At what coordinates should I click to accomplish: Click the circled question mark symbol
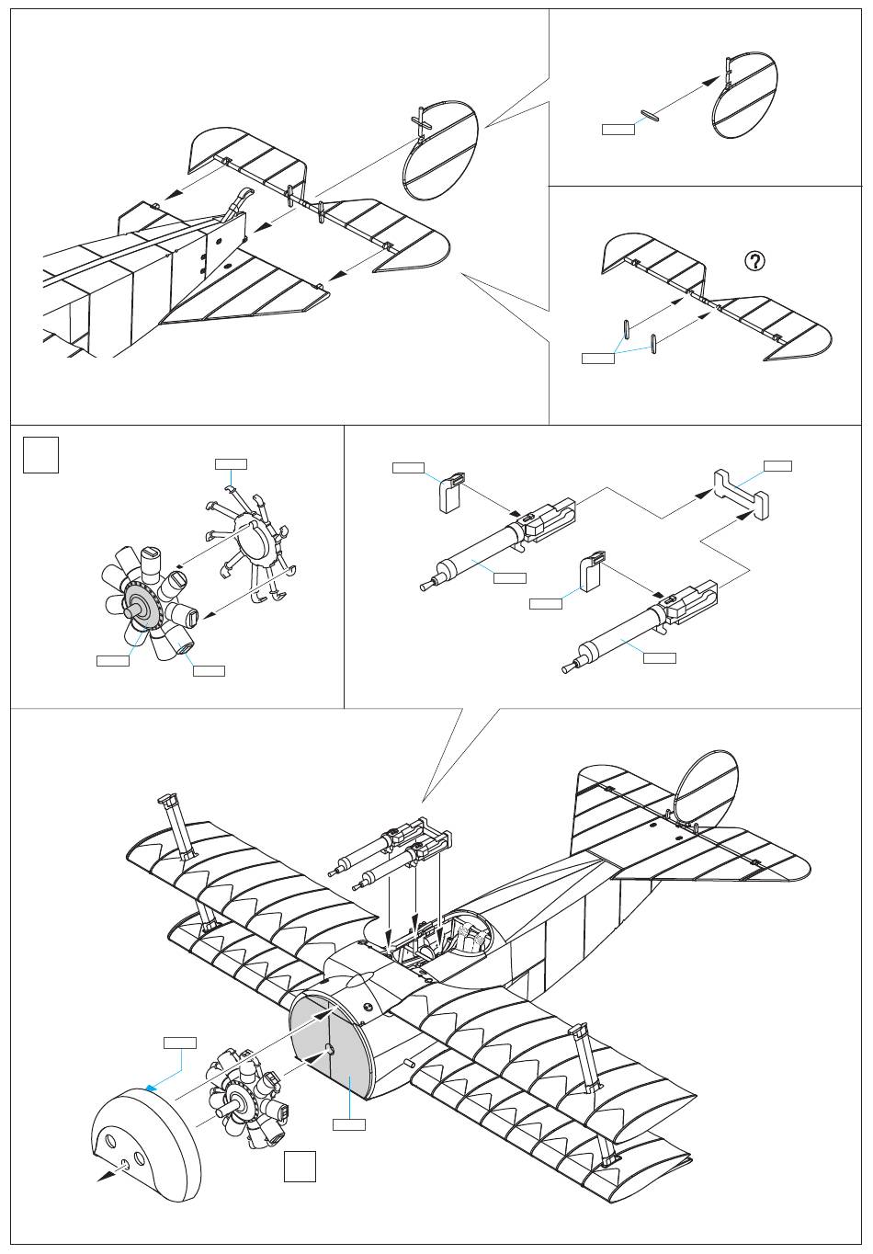click(754, 262)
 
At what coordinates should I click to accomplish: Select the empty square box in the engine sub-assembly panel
click(41, 455)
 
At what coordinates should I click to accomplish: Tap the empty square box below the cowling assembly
click(300, 1166)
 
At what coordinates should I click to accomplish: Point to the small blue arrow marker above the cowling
click(151, 1088)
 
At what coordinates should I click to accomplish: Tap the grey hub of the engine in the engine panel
click(138, 604)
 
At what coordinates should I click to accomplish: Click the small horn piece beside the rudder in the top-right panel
click(651, 114)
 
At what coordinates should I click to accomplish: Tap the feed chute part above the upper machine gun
click(451, 492)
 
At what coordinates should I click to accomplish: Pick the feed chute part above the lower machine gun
click(592, 573)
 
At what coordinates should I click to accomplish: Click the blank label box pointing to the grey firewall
click(348, 1124)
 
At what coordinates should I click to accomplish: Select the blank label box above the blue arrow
click(180, 1043)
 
